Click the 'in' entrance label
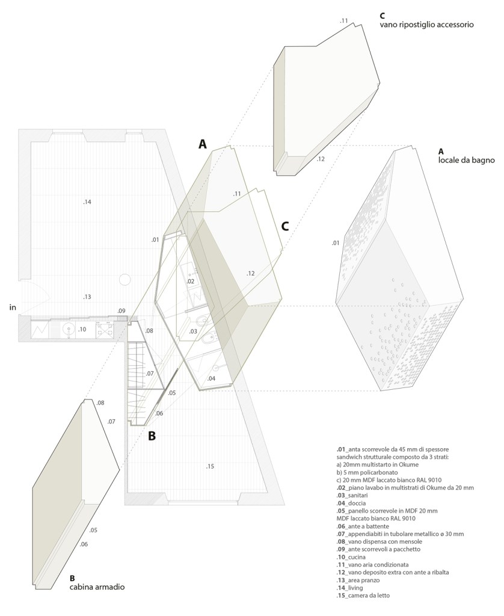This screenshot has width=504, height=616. [x=13, y=307]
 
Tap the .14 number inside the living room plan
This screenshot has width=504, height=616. [x=87, y=202]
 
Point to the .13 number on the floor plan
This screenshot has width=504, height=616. [x=87, y=297]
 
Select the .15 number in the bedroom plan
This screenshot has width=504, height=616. [x=210, y=466]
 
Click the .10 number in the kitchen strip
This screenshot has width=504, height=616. [x=82, y=329]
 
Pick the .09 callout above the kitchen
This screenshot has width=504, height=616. [x=121, y=311]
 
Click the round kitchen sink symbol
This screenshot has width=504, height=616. [x=69, y=328]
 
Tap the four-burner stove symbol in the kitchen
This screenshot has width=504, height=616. [x=105, y=329]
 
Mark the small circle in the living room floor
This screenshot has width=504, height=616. [x=125, y=280]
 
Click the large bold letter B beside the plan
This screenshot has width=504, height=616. [x=152, y=436]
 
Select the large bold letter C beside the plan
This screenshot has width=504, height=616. [x=285, y=226]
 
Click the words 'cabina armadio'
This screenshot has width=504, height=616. [x=97, y=587]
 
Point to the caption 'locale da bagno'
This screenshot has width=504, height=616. [x=466, y=160]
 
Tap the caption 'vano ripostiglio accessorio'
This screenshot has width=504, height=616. [x=426, y=24]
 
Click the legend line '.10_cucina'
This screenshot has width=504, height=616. [x=351, y=557]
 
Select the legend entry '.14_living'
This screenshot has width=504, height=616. [x=349, y=588]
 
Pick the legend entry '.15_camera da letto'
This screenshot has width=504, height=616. [x=363, y=596]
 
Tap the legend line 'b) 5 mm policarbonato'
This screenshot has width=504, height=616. [x=367, y=473]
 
